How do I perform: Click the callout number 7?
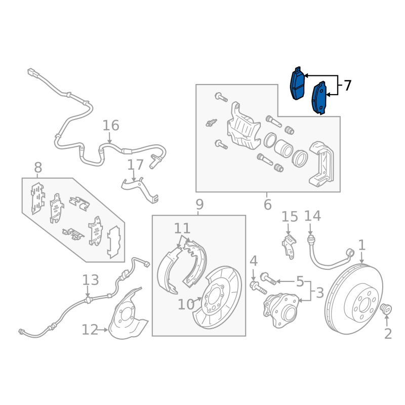(347, 86)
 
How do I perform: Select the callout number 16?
(110, 126)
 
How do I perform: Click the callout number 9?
(199, 205)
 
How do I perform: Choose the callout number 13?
(91, 279)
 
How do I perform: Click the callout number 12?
(90, 330)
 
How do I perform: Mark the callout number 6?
(267, 205)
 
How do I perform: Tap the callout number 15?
(290, 217)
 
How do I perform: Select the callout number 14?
(312, 216)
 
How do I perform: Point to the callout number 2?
(388, 334)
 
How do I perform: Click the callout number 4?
(253, 261)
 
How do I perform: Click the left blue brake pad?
(297, 84)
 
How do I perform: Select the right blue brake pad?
(319, 97)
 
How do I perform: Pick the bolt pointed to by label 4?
(256, 288)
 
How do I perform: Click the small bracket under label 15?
(289, 246)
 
